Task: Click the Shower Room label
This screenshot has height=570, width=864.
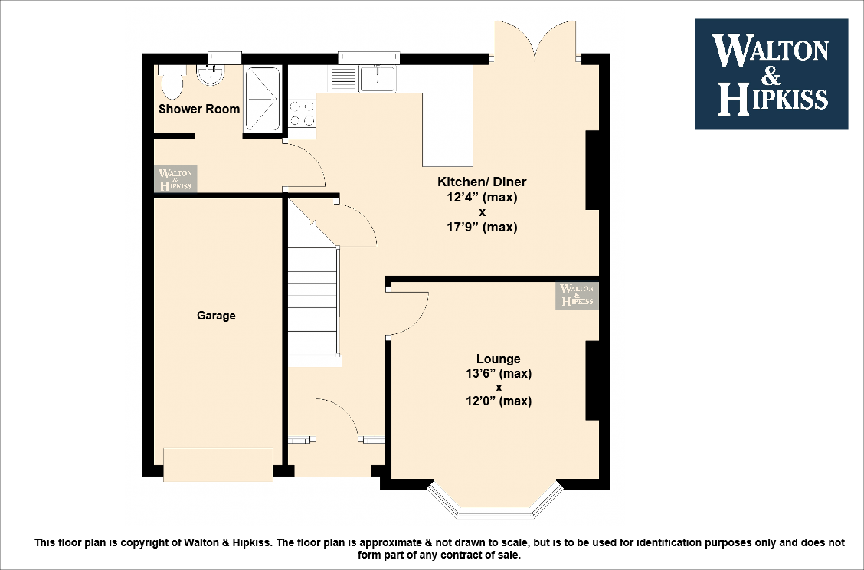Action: pos(199,109)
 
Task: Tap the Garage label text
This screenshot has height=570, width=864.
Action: pos(216,316)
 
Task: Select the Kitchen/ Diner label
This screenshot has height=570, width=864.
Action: pos(482,182)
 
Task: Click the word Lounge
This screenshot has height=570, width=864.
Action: pos(498,359)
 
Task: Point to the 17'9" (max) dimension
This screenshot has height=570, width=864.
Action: pos(482,227)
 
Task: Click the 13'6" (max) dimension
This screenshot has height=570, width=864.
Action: pos(498,373)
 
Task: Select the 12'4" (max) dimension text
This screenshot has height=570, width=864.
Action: pos(482,197)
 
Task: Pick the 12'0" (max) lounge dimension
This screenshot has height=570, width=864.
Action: pos(498,401)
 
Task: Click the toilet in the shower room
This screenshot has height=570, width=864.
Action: pos(172,82)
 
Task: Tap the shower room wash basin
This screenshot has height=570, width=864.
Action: pos(208,74)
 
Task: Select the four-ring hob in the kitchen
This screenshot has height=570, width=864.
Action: pos(302,113)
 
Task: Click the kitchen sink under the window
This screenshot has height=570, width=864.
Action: pos(378,77)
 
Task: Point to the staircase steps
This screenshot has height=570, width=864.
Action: pos(313,306)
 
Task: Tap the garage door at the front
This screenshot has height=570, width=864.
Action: pos(218,465)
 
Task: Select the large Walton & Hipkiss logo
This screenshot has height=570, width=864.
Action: pos(771,74)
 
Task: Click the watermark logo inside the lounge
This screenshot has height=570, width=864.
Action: pos(577,295)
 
